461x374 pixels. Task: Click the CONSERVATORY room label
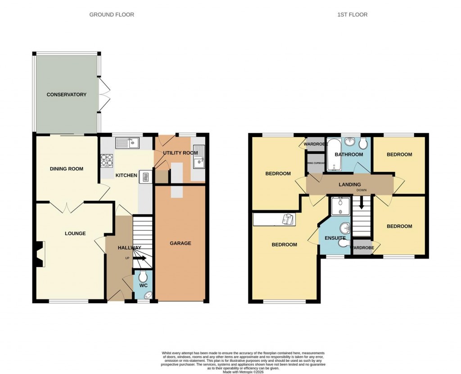click(x=66, y=94)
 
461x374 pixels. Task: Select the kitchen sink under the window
click(x=128, y=143)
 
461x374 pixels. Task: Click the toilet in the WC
click(x=143, y=276)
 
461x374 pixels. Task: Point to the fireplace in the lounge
click(x=40, y=254)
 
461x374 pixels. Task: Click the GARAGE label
click(x=180, y=243)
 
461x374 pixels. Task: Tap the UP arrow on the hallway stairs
click(x=140, y=258)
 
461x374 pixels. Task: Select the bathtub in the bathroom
click(x=334, y=155)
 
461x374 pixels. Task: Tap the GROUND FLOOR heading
click(x=112, y=15)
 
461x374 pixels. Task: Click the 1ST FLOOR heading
click(x=352, y=15)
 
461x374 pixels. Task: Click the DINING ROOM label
click(x=67, y=169)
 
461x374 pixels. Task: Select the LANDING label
click(x=350, y=184)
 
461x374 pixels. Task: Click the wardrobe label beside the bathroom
click(x=315, y=144)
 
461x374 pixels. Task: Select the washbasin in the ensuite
click(x=345, y=227)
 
